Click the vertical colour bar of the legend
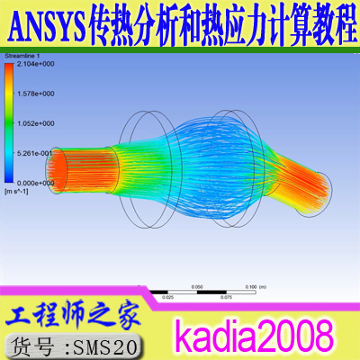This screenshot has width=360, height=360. point(10,123)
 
